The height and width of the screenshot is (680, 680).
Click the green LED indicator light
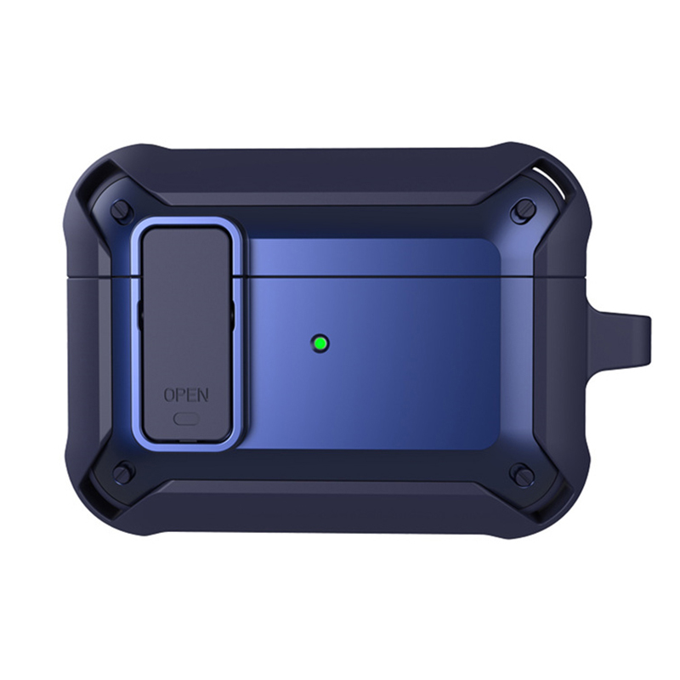[320, 344]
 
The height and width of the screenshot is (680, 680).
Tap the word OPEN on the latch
[186, 394]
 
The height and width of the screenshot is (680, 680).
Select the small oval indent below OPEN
[186, 418]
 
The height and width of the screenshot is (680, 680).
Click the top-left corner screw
[121, 211]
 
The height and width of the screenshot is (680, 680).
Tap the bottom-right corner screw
[522, 473]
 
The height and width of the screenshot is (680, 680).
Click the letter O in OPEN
[169, 394]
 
